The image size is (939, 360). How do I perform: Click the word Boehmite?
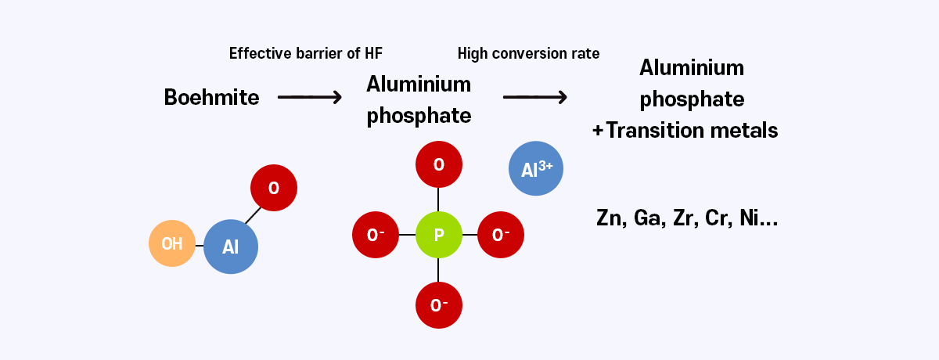[211, 97]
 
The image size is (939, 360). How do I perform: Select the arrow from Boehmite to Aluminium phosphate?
[310, 97]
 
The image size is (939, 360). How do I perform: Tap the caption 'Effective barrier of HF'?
[306, 53]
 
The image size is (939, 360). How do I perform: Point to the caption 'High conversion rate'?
[528, 53]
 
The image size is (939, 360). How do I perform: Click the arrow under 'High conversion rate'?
[534, 97]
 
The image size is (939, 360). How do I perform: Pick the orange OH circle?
[172, 243]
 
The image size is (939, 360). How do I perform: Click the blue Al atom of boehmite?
[231, 247]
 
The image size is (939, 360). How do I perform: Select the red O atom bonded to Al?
[274, 188]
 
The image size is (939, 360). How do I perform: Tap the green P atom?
[438, 234]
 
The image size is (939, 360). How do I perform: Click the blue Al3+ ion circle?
[536, 167]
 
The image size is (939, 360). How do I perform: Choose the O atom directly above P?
[438, 164]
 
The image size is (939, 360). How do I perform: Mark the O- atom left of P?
[376, 234]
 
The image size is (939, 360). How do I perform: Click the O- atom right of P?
[501, 234]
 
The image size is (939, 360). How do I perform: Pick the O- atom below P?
[438, 304]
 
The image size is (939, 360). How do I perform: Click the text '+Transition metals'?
[685, 130]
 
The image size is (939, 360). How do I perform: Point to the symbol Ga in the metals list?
[648, 218]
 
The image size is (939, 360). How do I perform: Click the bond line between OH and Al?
[200, 245]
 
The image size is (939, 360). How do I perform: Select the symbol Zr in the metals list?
[683, 218]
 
